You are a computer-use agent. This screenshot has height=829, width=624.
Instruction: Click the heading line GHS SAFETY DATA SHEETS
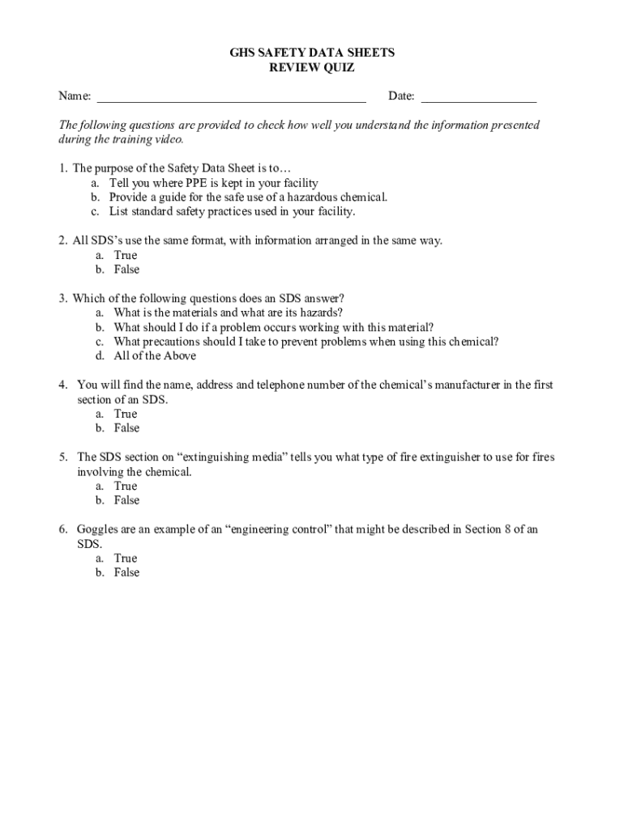[x=311, y=53]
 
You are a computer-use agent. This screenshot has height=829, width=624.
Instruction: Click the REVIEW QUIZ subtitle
[x=311, y=68]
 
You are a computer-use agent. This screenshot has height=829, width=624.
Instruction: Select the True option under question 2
[x=126, y=255]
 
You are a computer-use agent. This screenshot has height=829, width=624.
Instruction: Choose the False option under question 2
[x=126, y=270]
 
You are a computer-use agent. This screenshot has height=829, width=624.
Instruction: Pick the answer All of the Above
[x=155, y=356]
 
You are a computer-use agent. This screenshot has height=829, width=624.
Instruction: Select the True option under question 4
[x=126, y=414]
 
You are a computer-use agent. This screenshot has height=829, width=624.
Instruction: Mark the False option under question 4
[x=126, y=428]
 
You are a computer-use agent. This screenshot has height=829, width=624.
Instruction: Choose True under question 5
[x=126, y=486]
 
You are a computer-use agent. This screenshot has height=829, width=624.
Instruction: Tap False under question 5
[x=126, y=500]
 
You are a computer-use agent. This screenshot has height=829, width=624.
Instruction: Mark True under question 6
[x=126, y=558]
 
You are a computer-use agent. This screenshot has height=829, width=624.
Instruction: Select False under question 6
[x=126, y=572]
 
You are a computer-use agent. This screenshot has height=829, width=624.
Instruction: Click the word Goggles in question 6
[x=97, y=529]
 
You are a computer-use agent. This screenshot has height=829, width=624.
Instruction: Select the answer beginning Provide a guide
[x=248, y=197]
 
